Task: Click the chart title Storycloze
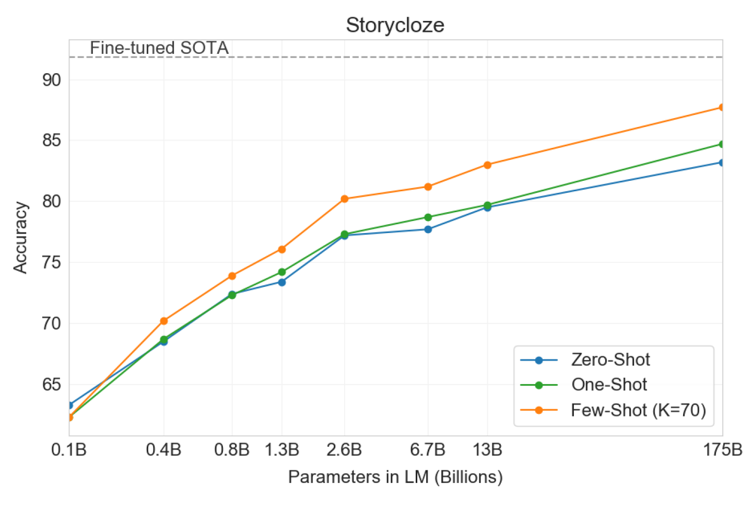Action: (x=395, y=25)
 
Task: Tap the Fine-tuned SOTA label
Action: (x=159, y=48)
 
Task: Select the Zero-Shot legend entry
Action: (x=610, y=360)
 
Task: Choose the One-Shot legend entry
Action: (x=608, y=385)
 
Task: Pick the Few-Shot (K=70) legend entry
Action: (x=638, y=410)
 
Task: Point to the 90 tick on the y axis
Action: (x=52, y=80)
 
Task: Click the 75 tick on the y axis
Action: (x=52, y=262)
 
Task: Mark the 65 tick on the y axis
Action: (x=52, y=385)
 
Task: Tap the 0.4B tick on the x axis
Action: (x=163, y=449)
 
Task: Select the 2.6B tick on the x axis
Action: (x=344, y=449)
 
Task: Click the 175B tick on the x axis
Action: (x=722, y=449)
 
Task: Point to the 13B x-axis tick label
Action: (x=487, y=449)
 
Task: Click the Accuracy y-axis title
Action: (x=20, y=238)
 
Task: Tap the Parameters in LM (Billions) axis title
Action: (x=395, y=477)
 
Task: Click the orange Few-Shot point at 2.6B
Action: (x=344, y=199)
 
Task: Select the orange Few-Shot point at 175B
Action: (x=722, y=107)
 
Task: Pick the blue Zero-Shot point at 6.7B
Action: (x=428, y=229)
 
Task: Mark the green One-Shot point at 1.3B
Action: (x=282, y=272)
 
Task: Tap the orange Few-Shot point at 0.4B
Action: (x=163, y=321)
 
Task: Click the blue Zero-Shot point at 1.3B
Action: (x=282, y=282)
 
